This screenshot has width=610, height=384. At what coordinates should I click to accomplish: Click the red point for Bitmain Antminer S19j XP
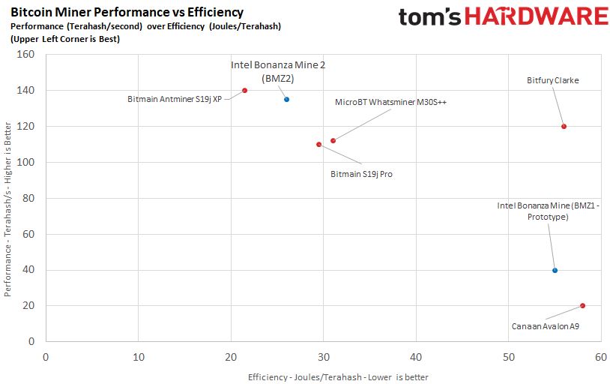244,91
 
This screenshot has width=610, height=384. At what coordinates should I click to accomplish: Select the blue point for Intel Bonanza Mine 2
286,99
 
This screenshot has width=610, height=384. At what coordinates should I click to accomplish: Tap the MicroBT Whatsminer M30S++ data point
333,140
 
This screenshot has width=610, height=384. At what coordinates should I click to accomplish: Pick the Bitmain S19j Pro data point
318,144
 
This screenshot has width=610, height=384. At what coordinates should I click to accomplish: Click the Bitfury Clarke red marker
564,126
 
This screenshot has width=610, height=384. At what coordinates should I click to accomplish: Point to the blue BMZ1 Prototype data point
555,270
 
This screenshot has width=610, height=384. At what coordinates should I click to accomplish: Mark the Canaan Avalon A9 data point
582,305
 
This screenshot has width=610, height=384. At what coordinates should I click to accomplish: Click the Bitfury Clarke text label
553,80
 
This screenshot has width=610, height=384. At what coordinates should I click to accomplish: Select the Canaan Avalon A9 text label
545,326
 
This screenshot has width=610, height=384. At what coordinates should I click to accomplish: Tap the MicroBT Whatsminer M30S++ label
390,102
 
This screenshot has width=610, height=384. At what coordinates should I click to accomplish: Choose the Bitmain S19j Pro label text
361,174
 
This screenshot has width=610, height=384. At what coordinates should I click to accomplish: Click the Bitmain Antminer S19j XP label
175,98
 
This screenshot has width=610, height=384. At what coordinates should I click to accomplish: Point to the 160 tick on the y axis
27,55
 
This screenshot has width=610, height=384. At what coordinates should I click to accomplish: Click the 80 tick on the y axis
30,198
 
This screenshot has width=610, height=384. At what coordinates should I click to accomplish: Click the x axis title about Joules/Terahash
338,376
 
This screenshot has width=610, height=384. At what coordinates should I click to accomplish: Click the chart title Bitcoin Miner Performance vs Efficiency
127,12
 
